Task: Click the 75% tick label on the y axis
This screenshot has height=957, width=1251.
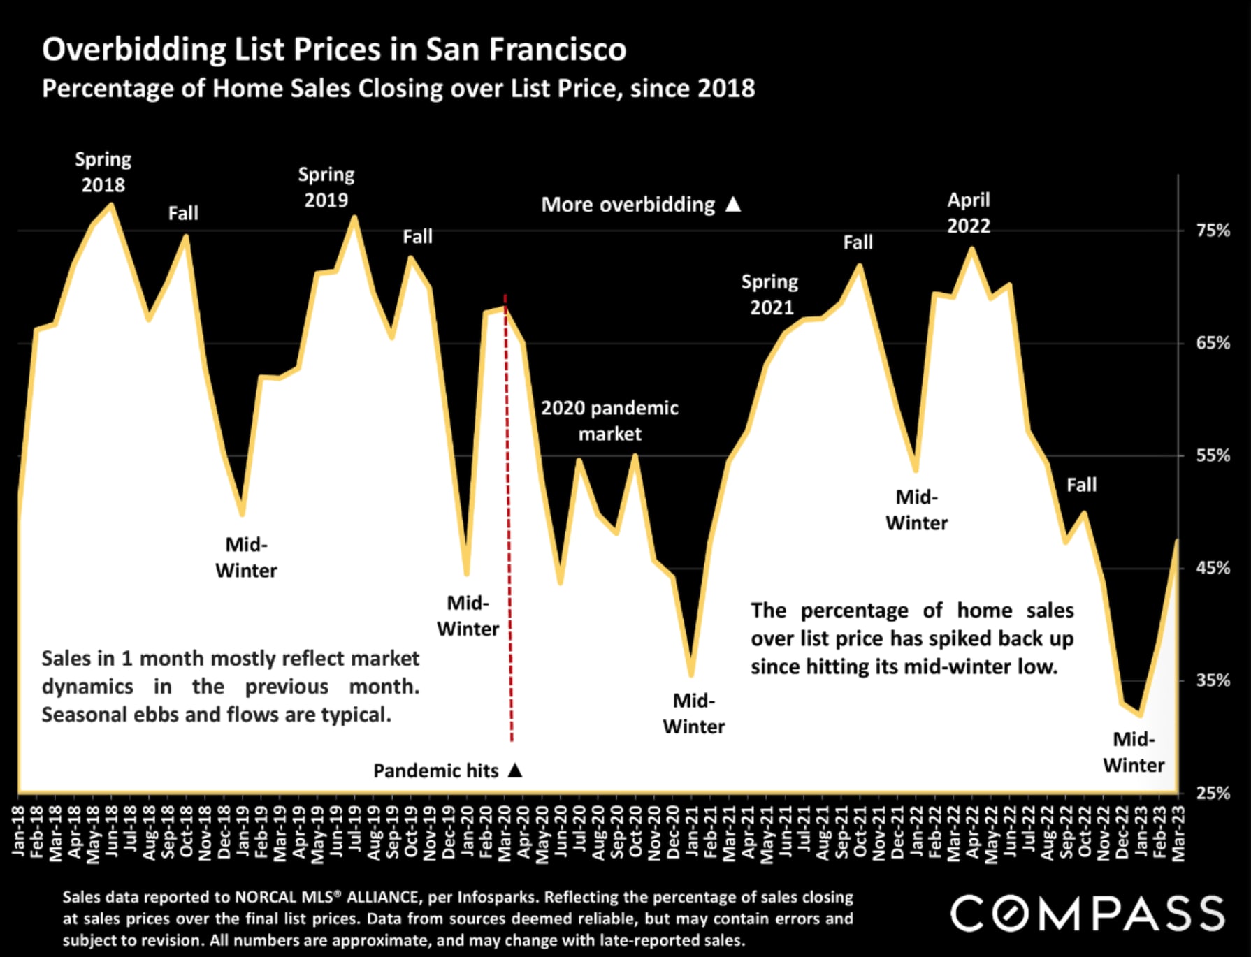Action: point(1213,231)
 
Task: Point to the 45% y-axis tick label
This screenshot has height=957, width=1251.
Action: point(1213,568)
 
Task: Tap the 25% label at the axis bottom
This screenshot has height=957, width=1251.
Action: point(1213,794)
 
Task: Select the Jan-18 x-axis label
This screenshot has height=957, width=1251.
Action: point(19,831)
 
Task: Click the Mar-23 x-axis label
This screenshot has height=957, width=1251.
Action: point(1178,832)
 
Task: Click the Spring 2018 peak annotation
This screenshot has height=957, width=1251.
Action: point(103,172)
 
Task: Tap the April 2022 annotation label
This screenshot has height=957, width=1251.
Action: point(968,212)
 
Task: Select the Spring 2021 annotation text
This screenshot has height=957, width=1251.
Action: point(770,294)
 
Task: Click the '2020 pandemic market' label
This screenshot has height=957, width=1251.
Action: point(609,421)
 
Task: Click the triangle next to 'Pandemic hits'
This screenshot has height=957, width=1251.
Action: point(515,770)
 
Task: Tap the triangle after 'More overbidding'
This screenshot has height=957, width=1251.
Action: point(733,204)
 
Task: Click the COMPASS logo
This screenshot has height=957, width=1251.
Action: point(1087,913)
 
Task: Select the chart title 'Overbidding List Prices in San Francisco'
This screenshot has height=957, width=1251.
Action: point(334,49)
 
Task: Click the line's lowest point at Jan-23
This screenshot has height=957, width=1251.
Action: point(1141,715)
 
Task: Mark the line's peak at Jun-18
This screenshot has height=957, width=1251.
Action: point(112,205)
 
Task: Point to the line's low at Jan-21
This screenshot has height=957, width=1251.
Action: point(691,675)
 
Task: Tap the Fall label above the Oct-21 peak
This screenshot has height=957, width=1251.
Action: point(858,242)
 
